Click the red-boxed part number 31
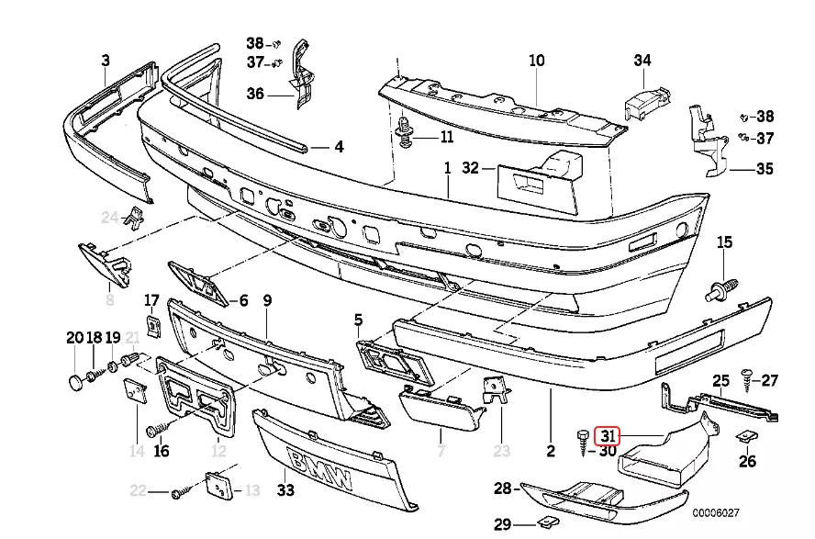(608, 435)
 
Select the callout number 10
(536, 61)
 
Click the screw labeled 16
(155, 429)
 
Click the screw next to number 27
(746, 378)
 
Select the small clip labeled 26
(745, 438)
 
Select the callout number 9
(267, 299)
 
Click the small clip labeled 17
(153, 324)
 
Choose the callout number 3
(106, 61)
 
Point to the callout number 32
(471, 168)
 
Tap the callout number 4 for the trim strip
(338, 146)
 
